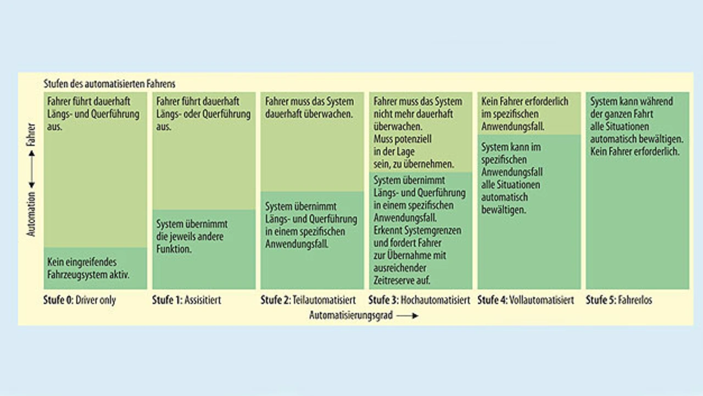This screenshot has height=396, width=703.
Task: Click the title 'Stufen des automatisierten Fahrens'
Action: [109, 84]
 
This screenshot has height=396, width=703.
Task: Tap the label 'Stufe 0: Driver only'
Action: [80, 300]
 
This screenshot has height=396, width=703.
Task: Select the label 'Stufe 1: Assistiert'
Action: [186, 300]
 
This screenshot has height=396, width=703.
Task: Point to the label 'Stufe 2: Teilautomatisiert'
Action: [308, 300]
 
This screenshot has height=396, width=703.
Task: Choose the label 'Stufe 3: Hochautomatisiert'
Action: [419, 300]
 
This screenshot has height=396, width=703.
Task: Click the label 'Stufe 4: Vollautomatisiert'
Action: [525, 300]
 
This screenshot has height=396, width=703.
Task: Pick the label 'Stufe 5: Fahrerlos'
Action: [618, 300]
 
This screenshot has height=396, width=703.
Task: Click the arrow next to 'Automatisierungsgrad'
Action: [407, 316]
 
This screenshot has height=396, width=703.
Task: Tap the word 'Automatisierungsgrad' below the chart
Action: [351, 316]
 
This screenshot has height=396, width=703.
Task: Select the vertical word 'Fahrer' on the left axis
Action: [31, 135]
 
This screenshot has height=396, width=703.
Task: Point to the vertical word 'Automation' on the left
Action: [31, 214]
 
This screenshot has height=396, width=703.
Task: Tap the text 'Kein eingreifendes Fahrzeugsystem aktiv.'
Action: [88, 269]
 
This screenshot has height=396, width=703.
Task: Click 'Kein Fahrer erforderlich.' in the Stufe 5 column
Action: [635, 151]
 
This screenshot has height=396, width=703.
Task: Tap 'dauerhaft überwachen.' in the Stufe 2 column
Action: [308, 114]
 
